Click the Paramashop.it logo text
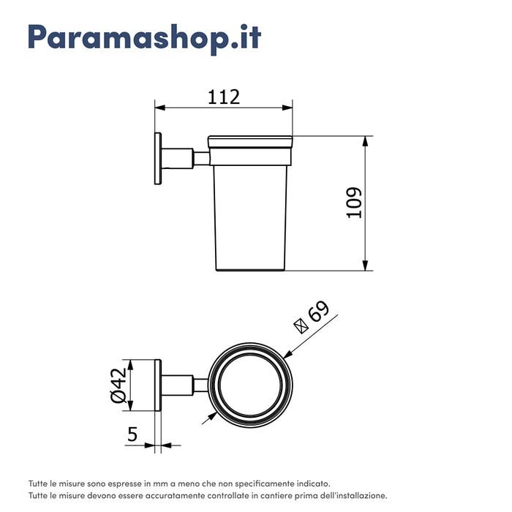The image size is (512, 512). tap(144, 37)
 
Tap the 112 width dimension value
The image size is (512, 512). tap(225, 96)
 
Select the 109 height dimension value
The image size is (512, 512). tap(353, 203)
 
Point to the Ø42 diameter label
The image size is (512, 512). tap(118, 385)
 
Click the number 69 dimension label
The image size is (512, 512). tap(319, 312)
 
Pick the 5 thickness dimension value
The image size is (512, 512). tap(132, 434)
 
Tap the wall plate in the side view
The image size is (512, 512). tap(157, 158)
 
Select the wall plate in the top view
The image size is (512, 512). tap(157, 385)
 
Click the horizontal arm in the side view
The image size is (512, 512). tap(179, 158)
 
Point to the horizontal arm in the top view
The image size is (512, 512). tap(179, 385)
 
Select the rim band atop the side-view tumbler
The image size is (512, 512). tap(251, 143)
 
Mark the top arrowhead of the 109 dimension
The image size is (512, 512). tap(365, 141)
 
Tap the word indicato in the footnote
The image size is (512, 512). tap(312, 483)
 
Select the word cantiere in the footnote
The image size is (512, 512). tap(271, 495)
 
